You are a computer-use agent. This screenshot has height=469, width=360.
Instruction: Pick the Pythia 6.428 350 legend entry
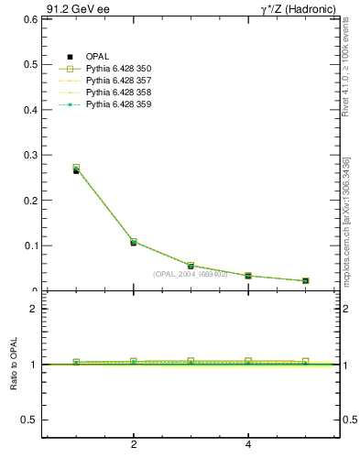[118, 69]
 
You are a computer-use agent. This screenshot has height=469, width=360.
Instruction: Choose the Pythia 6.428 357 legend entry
[118, 81]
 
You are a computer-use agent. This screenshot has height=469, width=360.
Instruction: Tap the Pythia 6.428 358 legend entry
[118, 93]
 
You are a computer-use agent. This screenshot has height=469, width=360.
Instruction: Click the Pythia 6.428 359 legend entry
[118, 104]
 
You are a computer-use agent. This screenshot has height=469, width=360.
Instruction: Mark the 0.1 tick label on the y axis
[30, 245]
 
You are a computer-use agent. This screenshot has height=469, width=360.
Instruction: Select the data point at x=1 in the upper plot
[76, 169]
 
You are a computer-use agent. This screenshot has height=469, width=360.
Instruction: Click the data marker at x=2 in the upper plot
[134, 243]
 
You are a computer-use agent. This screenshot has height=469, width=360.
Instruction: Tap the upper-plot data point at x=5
[306, 280]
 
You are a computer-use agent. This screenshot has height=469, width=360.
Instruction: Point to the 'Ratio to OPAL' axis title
[15, 365]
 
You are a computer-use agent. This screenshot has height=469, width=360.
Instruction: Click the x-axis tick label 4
[248, 446]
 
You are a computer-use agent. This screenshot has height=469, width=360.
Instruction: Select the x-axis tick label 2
[134, 446]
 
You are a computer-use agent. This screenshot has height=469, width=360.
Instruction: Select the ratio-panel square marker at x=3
[191, 361]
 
